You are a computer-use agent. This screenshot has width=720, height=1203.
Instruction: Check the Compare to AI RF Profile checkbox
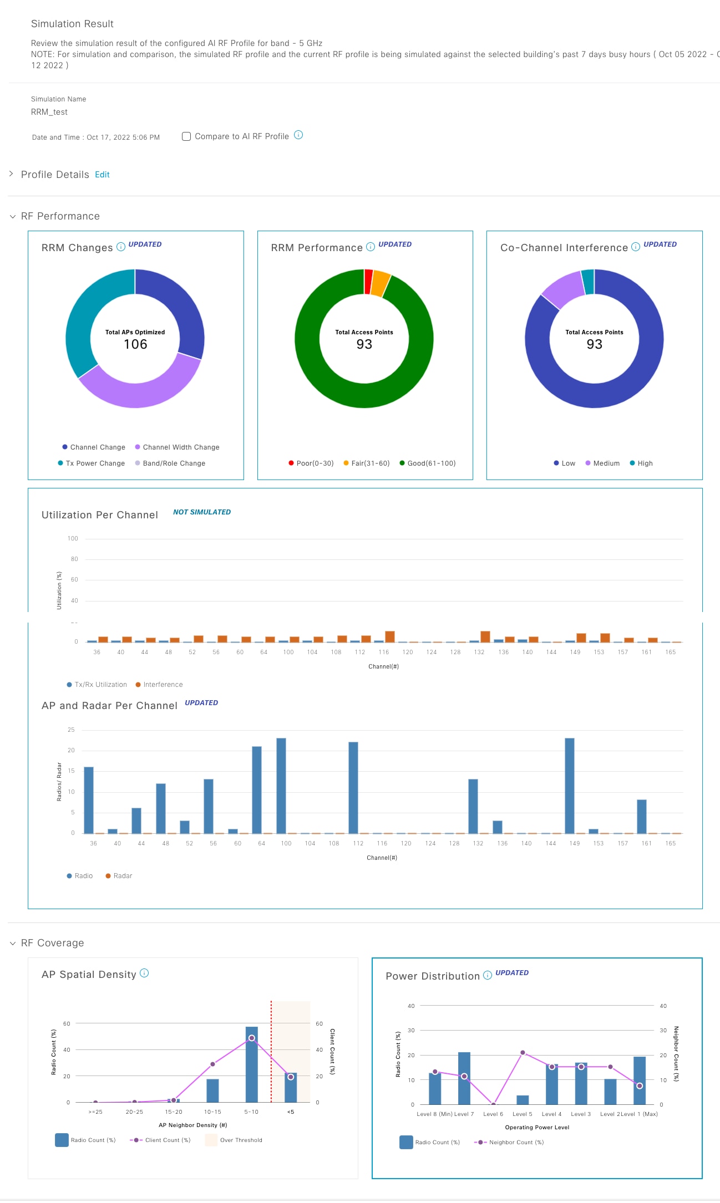pyautogui.click(x=186, y=136)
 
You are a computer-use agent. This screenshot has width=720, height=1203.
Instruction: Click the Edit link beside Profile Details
pyautogui.click(x=102, y=175)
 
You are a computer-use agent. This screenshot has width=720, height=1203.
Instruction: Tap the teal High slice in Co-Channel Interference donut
pyautogui.click(x=588, y=282)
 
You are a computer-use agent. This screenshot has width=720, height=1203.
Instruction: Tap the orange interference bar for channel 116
pyautogui.click(x=390, y=636)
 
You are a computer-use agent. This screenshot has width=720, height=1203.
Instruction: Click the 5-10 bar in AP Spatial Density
pyautogui.click(x=252, y=1064)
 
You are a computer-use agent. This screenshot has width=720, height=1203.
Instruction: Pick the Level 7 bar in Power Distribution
pyautogui.click(x=464, y=1078)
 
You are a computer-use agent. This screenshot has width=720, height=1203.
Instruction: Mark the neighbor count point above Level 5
pyautogui.click(x=523, y=1052)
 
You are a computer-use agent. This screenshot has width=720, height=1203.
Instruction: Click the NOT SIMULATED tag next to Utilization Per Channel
pyautogui.click(x=202, y=512)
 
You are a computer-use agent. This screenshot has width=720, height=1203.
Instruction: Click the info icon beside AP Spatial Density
pyautogui.click(x=144, y=973)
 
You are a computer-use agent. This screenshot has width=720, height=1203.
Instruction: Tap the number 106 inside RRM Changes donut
pyautogui.click(x=135, y=344)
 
